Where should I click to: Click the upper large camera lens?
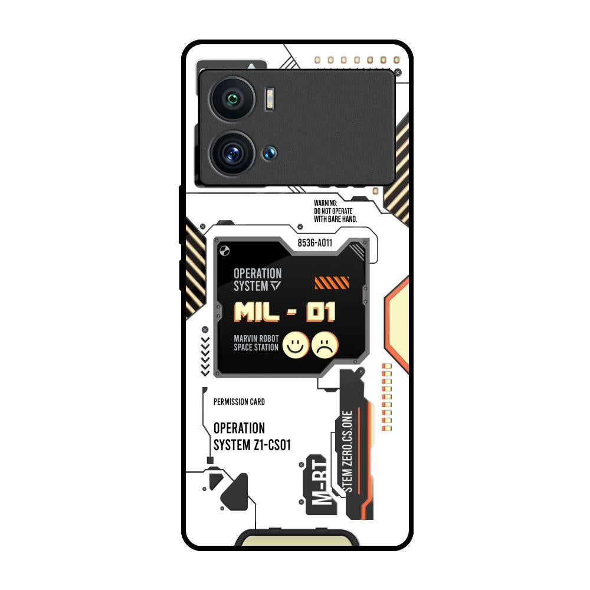click(x=232, y=99)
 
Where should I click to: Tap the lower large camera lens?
click(x=232, y=153)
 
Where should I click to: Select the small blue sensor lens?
click(x=270, y=153)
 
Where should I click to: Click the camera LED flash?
click(x=270, y=99)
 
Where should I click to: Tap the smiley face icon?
click(x=296, y=345)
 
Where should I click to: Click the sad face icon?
click(x=325, y=345)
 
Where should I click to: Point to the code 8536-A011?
click(x=315, y=242)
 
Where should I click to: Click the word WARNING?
click(x=326, y=203)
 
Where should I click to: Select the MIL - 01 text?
click(x=284, y=312)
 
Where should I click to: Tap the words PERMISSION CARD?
click(x=239, y=402)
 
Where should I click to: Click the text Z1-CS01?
click(x=272, y=445)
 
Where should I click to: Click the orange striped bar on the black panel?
click(x=332, y=283)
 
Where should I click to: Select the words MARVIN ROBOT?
click(x=256, y=339)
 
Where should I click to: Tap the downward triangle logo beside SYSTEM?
click(x=276, y=286)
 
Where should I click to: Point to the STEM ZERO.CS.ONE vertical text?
click(x=348, y=451)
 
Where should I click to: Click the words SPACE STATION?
click(x=256, y=348)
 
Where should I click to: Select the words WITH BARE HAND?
click(x=336, y=219)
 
